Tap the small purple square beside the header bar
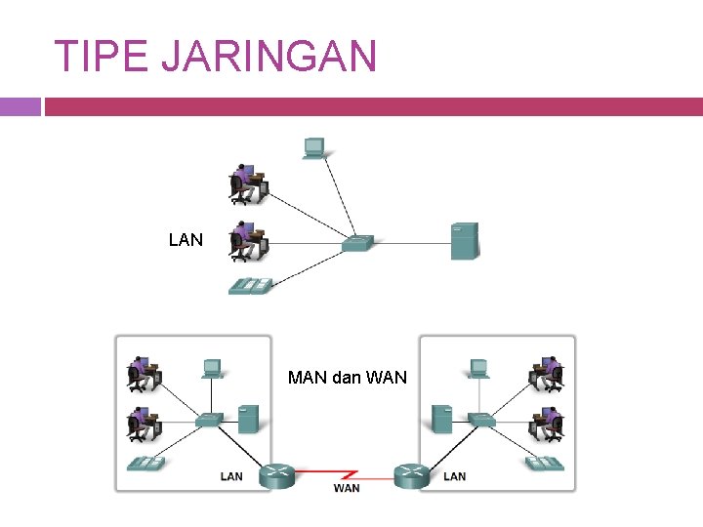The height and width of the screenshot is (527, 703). pos(20,106)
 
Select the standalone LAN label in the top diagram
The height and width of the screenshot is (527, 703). pos(186,239)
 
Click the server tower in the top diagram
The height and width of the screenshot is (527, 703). pos(464,241)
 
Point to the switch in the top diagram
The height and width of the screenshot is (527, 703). pos(357,242)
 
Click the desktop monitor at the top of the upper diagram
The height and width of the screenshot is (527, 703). pos(313,147)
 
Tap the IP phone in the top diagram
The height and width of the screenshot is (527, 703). pos(251,285)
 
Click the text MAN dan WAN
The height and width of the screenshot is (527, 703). pos(348,377)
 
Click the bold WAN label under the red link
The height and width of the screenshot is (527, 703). pos(346,488)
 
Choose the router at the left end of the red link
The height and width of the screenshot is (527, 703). pos(279,475)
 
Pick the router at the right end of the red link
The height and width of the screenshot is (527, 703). pos(411,475)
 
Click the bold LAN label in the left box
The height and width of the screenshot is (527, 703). pos(231,476)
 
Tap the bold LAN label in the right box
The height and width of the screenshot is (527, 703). pos(455,476)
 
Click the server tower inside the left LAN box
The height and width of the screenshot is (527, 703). pos(248,419)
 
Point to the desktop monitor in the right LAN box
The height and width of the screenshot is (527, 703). pos(478,368)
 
